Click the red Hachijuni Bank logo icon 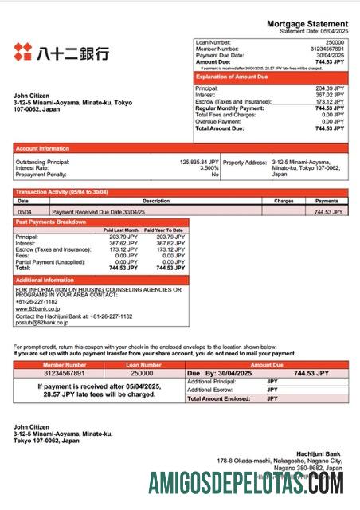coord(23,53)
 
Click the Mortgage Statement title coord(307,25)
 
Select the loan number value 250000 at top coord(335,41)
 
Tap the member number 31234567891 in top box coord(327,48)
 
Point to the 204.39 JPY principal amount coord(329,88)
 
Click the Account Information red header coord(43,148)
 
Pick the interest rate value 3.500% coord(209,168)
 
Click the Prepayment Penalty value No coord(214,175)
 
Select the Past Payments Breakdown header coord(51,222)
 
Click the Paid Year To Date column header coord(165,229)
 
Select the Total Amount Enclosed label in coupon coord(215,398)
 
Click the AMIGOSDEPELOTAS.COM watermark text coord(246,483)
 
